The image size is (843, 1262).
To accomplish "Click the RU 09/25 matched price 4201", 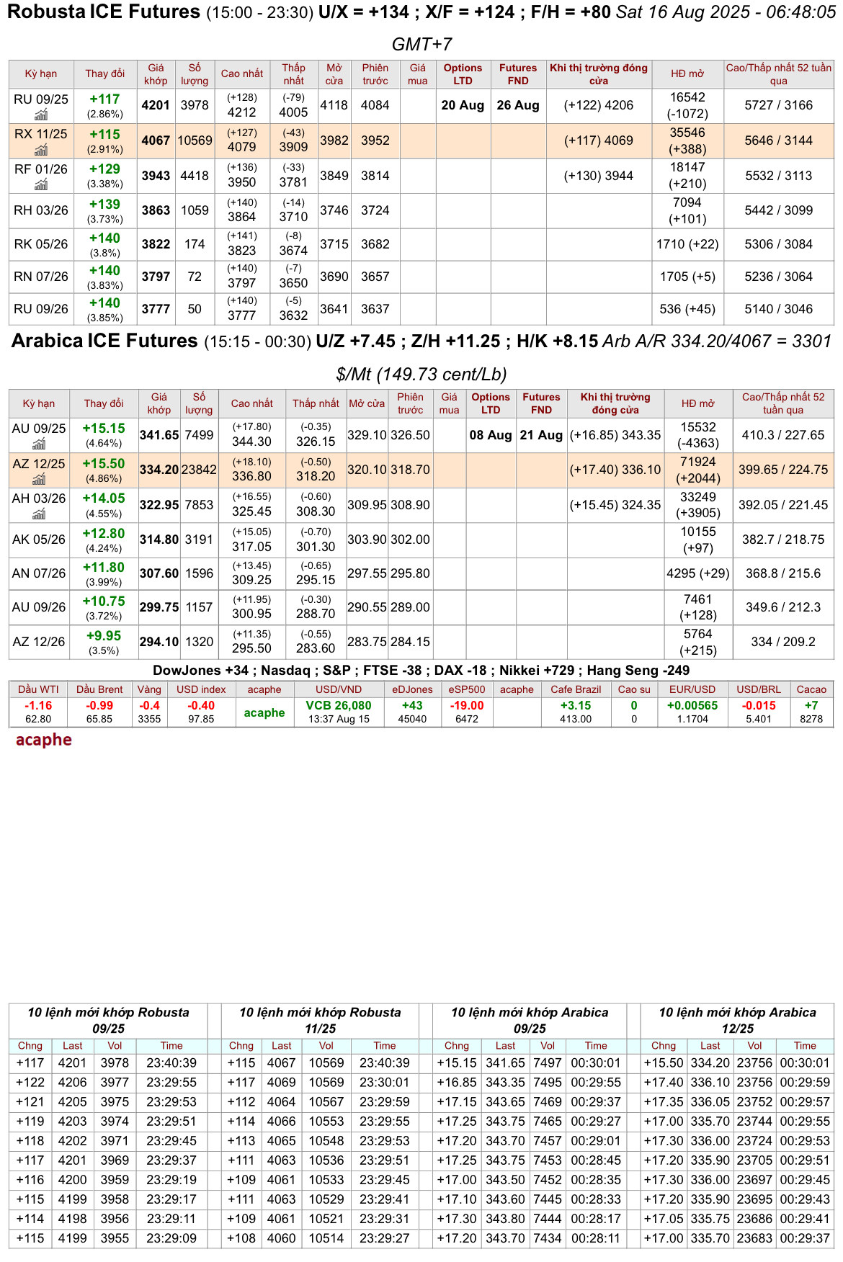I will [156, 105].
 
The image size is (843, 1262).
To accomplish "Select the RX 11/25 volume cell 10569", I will [195, 140].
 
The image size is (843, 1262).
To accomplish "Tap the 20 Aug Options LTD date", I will [463, 105].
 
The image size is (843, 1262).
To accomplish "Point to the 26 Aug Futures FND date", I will [518, 105].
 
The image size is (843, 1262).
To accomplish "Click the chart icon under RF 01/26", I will [41, 185].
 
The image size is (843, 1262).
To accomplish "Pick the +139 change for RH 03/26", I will [105, 205].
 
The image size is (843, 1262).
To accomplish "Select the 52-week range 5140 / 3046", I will [778, 309].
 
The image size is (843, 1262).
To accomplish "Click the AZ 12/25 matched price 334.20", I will [159, 470].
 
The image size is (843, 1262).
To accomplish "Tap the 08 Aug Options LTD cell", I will [491, 435].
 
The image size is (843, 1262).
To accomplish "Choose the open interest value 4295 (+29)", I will [698, 573].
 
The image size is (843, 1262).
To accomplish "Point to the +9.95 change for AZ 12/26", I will [104, 636].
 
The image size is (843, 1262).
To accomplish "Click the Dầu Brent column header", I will [99, 689].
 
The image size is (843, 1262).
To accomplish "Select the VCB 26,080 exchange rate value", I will [339, 706].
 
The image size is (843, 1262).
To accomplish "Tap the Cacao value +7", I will [811, 706].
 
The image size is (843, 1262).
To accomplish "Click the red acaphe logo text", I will [44, 740].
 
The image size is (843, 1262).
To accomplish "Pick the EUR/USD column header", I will [692, 689].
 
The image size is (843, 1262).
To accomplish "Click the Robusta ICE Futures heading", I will [104, 12].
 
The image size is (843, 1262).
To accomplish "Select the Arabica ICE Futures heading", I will [104, 341].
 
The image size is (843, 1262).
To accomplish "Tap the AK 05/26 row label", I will [39, 540].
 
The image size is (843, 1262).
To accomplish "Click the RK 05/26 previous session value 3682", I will [375, 244].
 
